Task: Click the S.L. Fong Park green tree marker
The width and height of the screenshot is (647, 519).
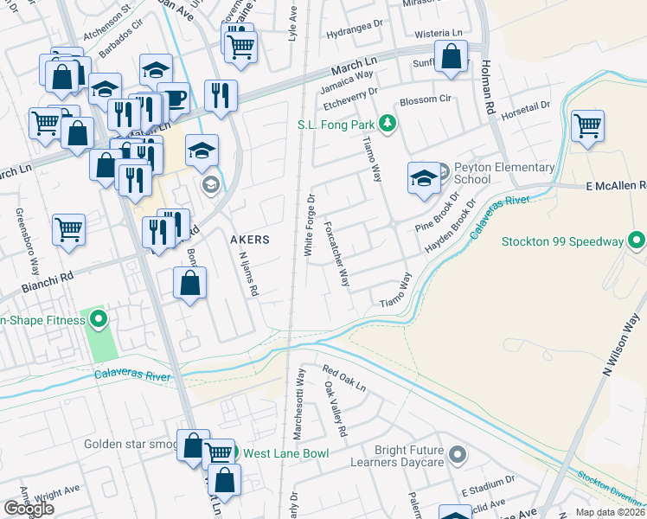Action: (388, 124)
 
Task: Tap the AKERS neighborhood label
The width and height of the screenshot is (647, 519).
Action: (249, 239)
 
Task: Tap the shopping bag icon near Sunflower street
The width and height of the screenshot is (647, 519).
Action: (451, 58)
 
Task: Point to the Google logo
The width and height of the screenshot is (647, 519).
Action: (29, 508)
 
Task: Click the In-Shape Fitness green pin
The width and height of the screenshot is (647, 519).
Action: (98, 320)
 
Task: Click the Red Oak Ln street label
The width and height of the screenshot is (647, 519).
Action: (343, 379)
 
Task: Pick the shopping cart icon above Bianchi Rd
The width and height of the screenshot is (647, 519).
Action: (68, 230)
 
